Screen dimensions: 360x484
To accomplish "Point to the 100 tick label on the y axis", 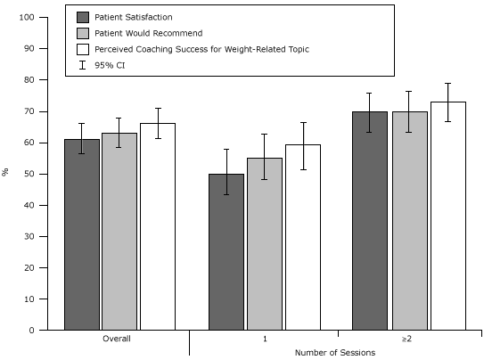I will tap(27, 18).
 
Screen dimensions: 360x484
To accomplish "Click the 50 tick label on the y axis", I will tap(29, 174).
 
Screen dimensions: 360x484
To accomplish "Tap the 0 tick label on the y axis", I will tap(32, 331).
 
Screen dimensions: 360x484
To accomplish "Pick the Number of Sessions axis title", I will tap(335, 353).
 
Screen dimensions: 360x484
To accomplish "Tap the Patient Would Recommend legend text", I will tap(148, 33).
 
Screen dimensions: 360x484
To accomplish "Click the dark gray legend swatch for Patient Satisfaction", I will tap(83, 17).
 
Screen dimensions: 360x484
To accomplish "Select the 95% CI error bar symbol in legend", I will tap(83, 65).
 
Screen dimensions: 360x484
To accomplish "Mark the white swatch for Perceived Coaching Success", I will tap(83, 49).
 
